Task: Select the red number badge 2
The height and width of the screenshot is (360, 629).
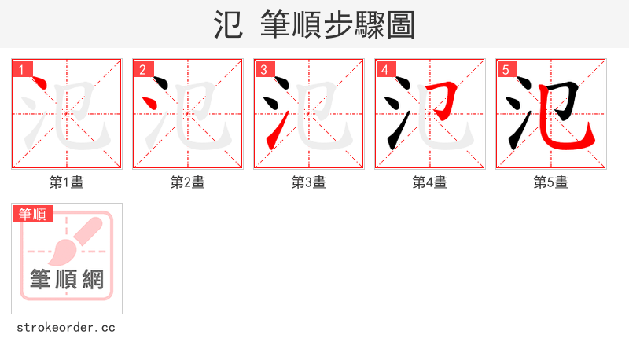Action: (143, 70)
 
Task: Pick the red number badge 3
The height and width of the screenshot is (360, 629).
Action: (264, 70)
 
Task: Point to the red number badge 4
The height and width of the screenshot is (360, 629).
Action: (385, 70)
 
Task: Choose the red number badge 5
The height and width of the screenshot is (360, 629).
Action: (506, 70)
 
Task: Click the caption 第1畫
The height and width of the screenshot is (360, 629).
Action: (66, 182)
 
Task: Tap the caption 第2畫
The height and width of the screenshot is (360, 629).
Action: (187, 182)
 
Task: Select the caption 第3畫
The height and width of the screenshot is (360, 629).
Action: (308, 182)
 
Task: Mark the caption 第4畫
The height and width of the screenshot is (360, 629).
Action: (429, 182)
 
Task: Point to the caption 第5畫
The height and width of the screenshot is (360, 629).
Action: (550, 182)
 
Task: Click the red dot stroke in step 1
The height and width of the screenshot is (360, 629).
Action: (42, 87)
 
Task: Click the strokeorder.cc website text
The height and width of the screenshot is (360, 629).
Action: (66, 327)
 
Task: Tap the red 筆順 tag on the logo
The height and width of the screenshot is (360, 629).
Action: (33, 214)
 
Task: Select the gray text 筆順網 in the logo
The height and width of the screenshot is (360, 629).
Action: (67, 279)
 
